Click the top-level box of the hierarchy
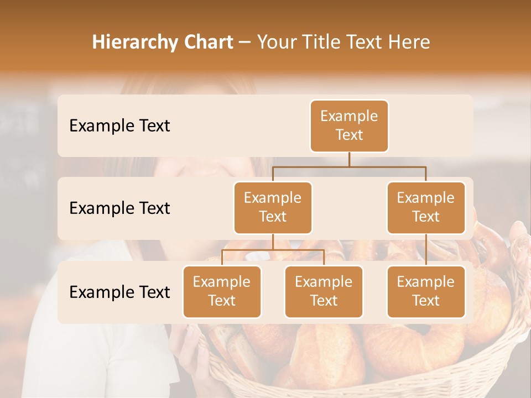tap(349, 126)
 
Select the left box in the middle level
tap(273, 208)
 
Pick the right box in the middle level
tap(426, 208)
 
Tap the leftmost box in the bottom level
tap(222, 292)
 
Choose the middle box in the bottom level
tap(324, 292)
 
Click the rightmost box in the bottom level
tap(426, 292)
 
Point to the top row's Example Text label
tap(119, 126)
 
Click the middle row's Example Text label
tap(119, 208)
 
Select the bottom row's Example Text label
tap(119, 292)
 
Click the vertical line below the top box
tap(349, 159)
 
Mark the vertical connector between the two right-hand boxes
tap(426, 250)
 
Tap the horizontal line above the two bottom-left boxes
tap(273, 250)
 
